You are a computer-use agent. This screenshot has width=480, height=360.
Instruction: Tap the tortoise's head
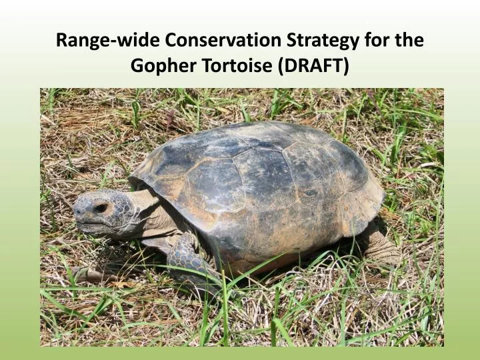coord(100,212)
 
